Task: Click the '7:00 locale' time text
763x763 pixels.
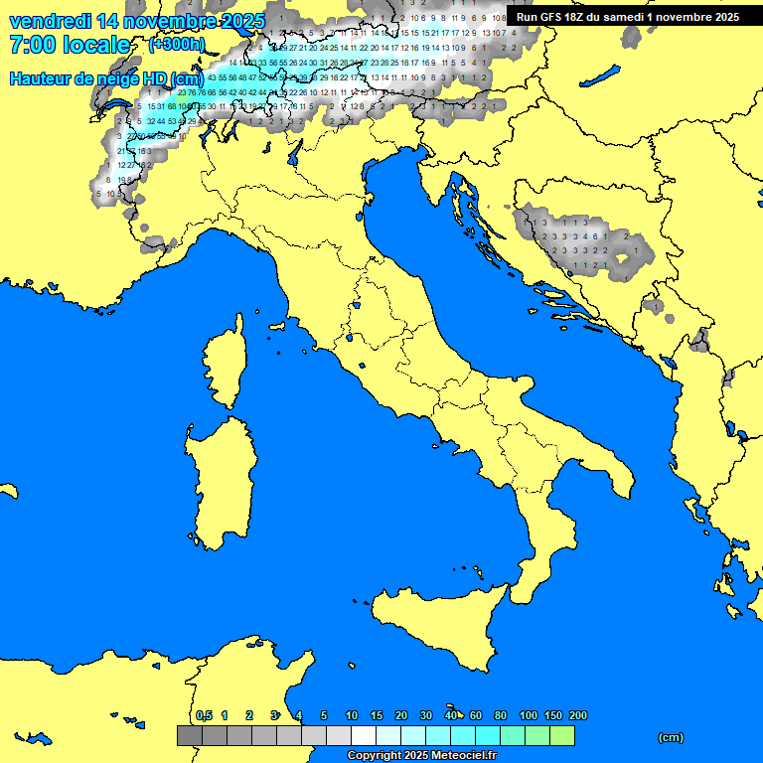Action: pos(70,45)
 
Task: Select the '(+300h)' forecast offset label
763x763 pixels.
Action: pos(177,45)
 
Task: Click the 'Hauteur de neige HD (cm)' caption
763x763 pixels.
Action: pos(106,78)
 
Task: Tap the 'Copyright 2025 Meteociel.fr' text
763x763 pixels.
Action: pos(421,755)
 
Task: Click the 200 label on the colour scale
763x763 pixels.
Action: pos(577,715)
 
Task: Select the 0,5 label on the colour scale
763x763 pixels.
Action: pos(204,715)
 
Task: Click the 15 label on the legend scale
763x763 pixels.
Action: pos(377,715)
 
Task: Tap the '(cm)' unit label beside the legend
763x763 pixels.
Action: pos(671,737)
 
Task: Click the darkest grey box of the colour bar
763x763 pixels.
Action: pos(190,736)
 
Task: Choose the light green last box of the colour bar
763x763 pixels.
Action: pos(561,736)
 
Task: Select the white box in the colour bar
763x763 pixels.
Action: pos(364,736)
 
